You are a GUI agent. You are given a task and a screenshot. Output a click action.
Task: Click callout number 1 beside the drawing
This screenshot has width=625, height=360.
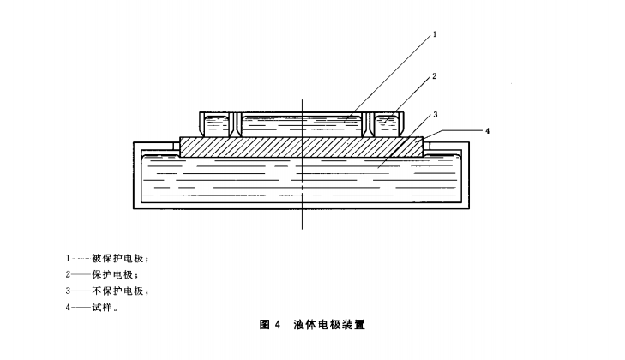tap(436, 35)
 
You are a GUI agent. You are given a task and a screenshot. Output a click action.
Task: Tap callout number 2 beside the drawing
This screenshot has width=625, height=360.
tap(436, 76)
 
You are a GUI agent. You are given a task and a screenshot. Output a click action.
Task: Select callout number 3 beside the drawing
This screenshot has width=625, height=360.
tap(436, 114)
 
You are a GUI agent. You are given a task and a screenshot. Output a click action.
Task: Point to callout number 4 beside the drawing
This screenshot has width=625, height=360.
tap(487, 131)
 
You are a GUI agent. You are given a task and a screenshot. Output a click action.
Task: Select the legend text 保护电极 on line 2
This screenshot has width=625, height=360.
tap(116, 274)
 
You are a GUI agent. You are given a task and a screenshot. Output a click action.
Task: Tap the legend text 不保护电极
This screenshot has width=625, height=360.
tap(120, 291)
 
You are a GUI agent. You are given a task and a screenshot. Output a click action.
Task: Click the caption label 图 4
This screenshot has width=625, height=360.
tap(270, 326)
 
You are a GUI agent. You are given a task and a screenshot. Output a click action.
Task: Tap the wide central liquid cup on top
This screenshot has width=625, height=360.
tap(300, 125)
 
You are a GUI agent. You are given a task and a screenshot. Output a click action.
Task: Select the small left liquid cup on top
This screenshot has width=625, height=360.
tap(216, 125)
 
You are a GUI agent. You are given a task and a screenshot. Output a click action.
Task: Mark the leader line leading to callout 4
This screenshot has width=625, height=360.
tap(454, 130)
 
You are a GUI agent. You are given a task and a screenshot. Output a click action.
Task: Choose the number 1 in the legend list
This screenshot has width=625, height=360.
tap(67, 257)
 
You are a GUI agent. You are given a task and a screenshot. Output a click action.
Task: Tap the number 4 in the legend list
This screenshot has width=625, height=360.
tap(67, 309)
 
